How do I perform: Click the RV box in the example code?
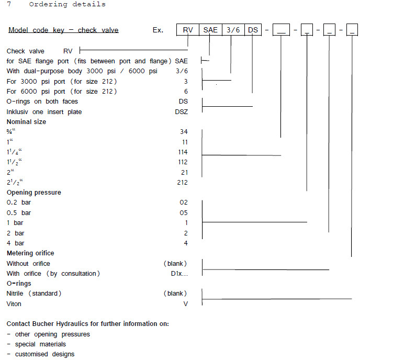pyautogui.click(x=187, y=30)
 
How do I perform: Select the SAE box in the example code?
pyautogui.click(x=210, y=30)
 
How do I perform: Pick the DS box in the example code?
pyautogui.click(x=253, y=30)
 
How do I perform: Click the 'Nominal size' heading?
pyautogui.click(x=26, y=122)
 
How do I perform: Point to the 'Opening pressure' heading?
pyautogui.click(x=33, y=193)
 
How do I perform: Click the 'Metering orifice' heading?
pyautogui.click(x=30, y=253)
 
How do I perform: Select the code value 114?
pyautogui.click(x=183, y=152)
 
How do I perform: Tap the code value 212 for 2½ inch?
pyautogui.click(x=183, y=183)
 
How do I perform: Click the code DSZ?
pyautogui.click(x=181, y=112)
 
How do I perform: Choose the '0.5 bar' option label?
pyautogui.click(x=19, y=213)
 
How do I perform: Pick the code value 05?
pyautogui.click(x=184, y=213)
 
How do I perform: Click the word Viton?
pyautogui.click(x=14, y=304)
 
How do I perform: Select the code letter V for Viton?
pyautogui.click(x=185, y=304)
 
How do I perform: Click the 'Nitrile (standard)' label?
pyautogui.click(x=33, y=294)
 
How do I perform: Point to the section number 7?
pyautogui.click(x=9, y=4)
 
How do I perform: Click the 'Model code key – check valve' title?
pyautogui.click(x=63, y=30)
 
